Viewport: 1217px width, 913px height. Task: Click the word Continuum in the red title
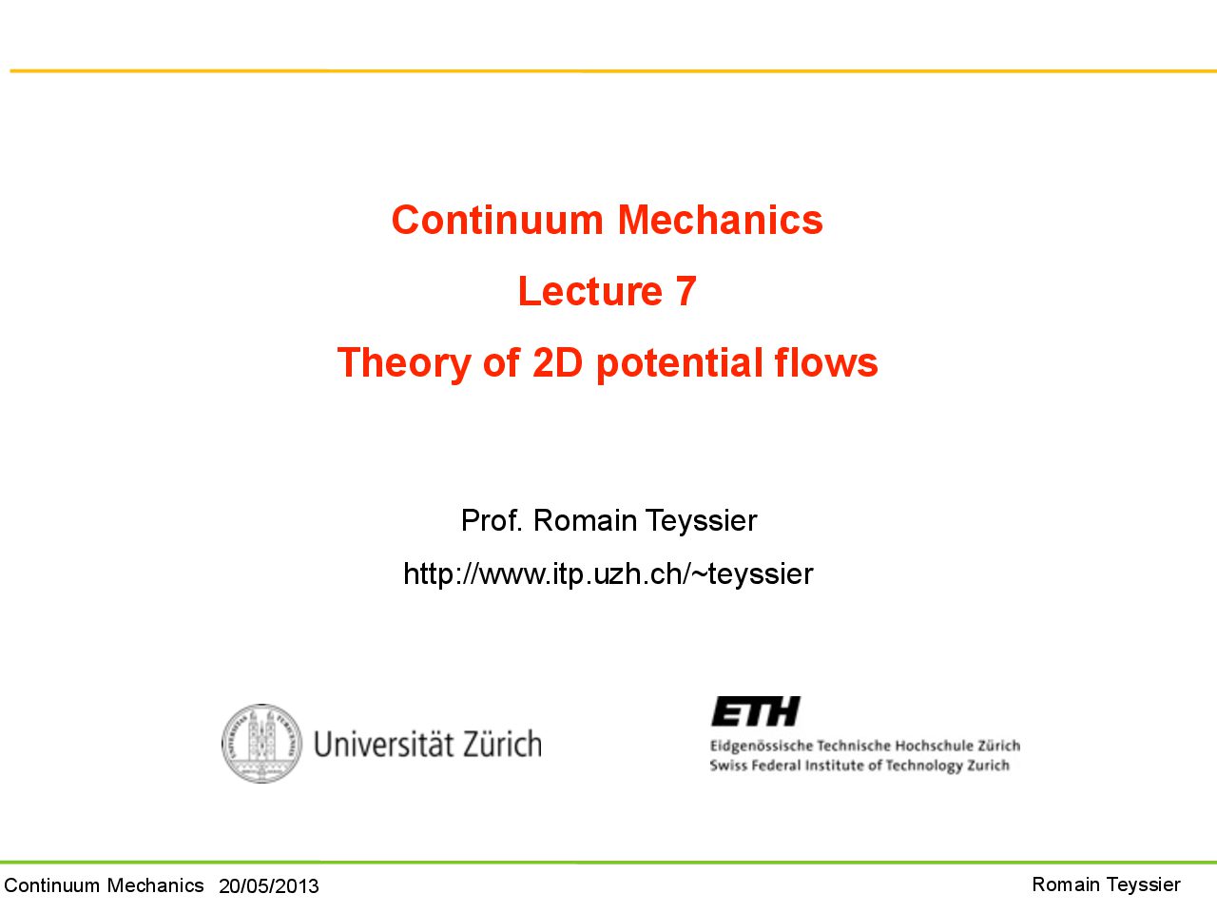pyautogui.click(x=497, y=220)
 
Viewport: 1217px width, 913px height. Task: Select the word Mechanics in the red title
pyautogui.click(x=721, y=220)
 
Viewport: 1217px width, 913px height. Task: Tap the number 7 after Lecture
pyautogui.click(x=686, y=291)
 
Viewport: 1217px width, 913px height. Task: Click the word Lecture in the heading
pyautogui.click(x=589, y=291)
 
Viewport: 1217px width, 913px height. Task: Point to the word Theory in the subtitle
pyautogui.click(x=404, y=363)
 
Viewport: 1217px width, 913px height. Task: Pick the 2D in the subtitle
pyautogui.click(x=558, y=362)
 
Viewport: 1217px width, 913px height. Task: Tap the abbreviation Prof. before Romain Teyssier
pyautogui.click(x=492, y=520)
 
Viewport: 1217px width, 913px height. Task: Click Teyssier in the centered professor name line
pyautogui.click(x=701, y=521)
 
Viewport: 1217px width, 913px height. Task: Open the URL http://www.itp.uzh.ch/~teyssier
pyautogui.click(x=608, y=573)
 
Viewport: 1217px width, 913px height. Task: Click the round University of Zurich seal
pyautogui.click(x=261, y=744)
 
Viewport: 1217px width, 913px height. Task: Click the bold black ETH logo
pyautogui.click(x=756, y=711)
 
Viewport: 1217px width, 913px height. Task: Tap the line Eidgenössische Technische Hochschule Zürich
pyautogui.click(x=865, y=747)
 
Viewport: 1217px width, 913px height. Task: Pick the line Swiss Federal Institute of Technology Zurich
pyautogui.click(x=860, y=766)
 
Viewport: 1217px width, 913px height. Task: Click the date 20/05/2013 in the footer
pyautogui.click(x=269, y=886)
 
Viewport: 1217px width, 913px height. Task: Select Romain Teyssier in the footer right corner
pyautogui.click(x=1106, y=885)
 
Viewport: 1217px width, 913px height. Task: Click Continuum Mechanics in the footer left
pyautogui.click(x=105, y=885)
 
